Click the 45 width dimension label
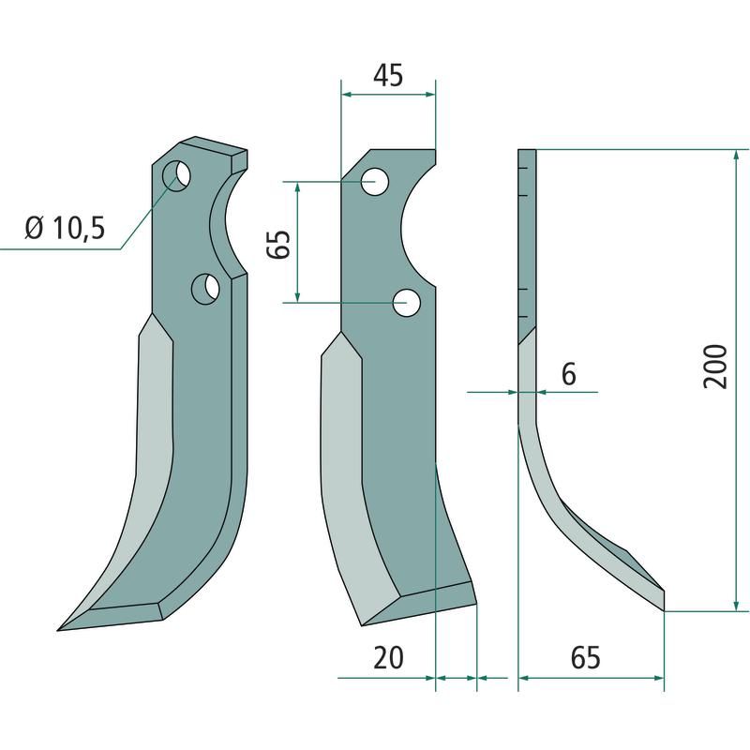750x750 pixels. tap(388, 76)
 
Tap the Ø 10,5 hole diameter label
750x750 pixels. tap(65, 228)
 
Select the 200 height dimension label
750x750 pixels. tap(715, 367)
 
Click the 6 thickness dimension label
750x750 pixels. tap(569, 373)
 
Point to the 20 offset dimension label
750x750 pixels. tap(388, 658)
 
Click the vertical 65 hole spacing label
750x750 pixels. tap(278, 244)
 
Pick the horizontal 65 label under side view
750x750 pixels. tap(585, 658)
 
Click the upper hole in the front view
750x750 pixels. tap(374, 182)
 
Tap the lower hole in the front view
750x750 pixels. tap(407, 302)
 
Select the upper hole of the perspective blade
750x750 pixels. tap(176, 175)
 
